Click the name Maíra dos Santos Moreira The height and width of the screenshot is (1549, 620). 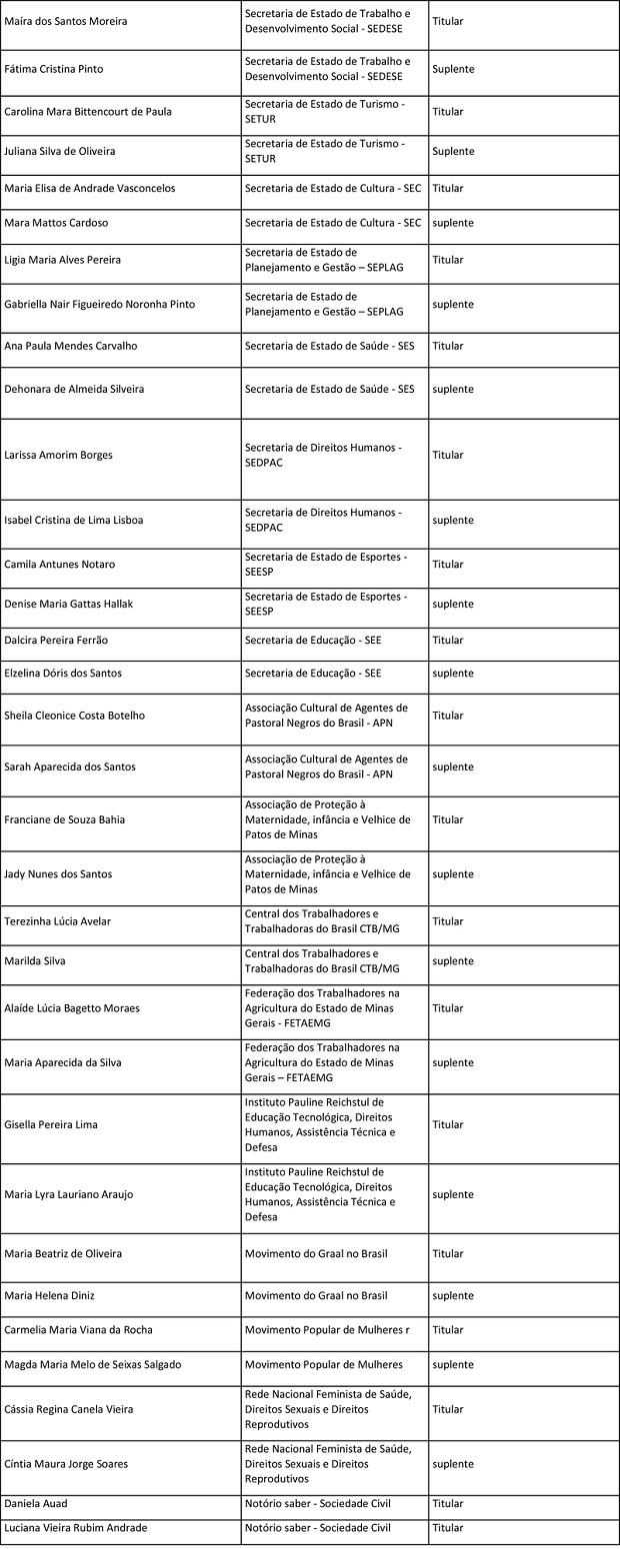(66, 21)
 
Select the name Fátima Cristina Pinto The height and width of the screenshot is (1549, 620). (54, 69)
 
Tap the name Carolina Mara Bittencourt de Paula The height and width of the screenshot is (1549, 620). (88, 112)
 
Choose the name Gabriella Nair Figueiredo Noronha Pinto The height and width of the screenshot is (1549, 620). (100, 304)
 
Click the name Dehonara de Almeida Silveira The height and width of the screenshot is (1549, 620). (74, 389)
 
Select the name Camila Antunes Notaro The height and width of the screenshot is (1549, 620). (60, 565)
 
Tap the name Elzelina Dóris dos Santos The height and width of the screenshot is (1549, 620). (63, 674)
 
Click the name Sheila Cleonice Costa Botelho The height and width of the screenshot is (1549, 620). (75, 716)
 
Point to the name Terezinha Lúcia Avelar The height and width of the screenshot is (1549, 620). (60, 921)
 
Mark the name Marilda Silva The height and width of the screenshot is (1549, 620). (36, 961)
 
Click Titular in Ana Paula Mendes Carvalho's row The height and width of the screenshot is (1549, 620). (448, 346)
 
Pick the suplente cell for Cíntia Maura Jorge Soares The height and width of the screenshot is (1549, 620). (453, 1464)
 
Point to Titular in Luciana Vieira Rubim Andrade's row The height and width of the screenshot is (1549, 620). (448, 1528)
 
